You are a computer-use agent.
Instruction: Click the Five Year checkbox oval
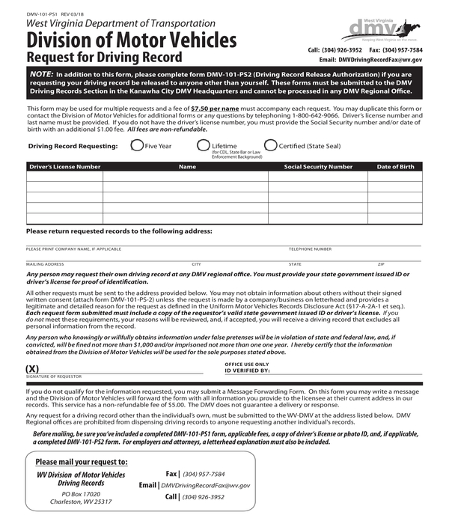click(137, 146)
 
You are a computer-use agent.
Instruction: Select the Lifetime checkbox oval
click(203, 146)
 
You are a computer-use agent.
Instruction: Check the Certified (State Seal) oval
click(270, 146)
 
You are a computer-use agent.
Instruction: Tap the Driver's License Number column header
click(64, 167)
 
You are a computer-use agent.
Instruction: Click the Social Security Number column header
click(318, 167)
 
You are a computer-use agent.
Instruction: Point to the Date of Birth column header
click(395, 167)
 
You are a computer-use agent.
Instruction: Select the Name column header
click(187, 167)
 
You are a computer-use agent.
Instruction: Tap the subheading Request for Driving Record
click(104, 57)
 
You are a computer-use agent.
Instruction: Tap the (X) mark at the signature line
click(32, 369)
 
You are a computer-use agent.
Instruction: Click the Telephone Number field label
click(310, 249)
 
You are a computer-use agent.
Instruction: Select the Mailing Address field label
click(45, 264)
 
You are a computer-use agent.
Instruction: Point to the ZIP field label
click(381, 264)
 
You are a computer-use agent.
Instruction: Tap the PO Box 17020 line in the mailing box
click(81, 494)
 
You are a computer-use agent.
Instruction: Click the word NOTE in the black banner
click(41, 75)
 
